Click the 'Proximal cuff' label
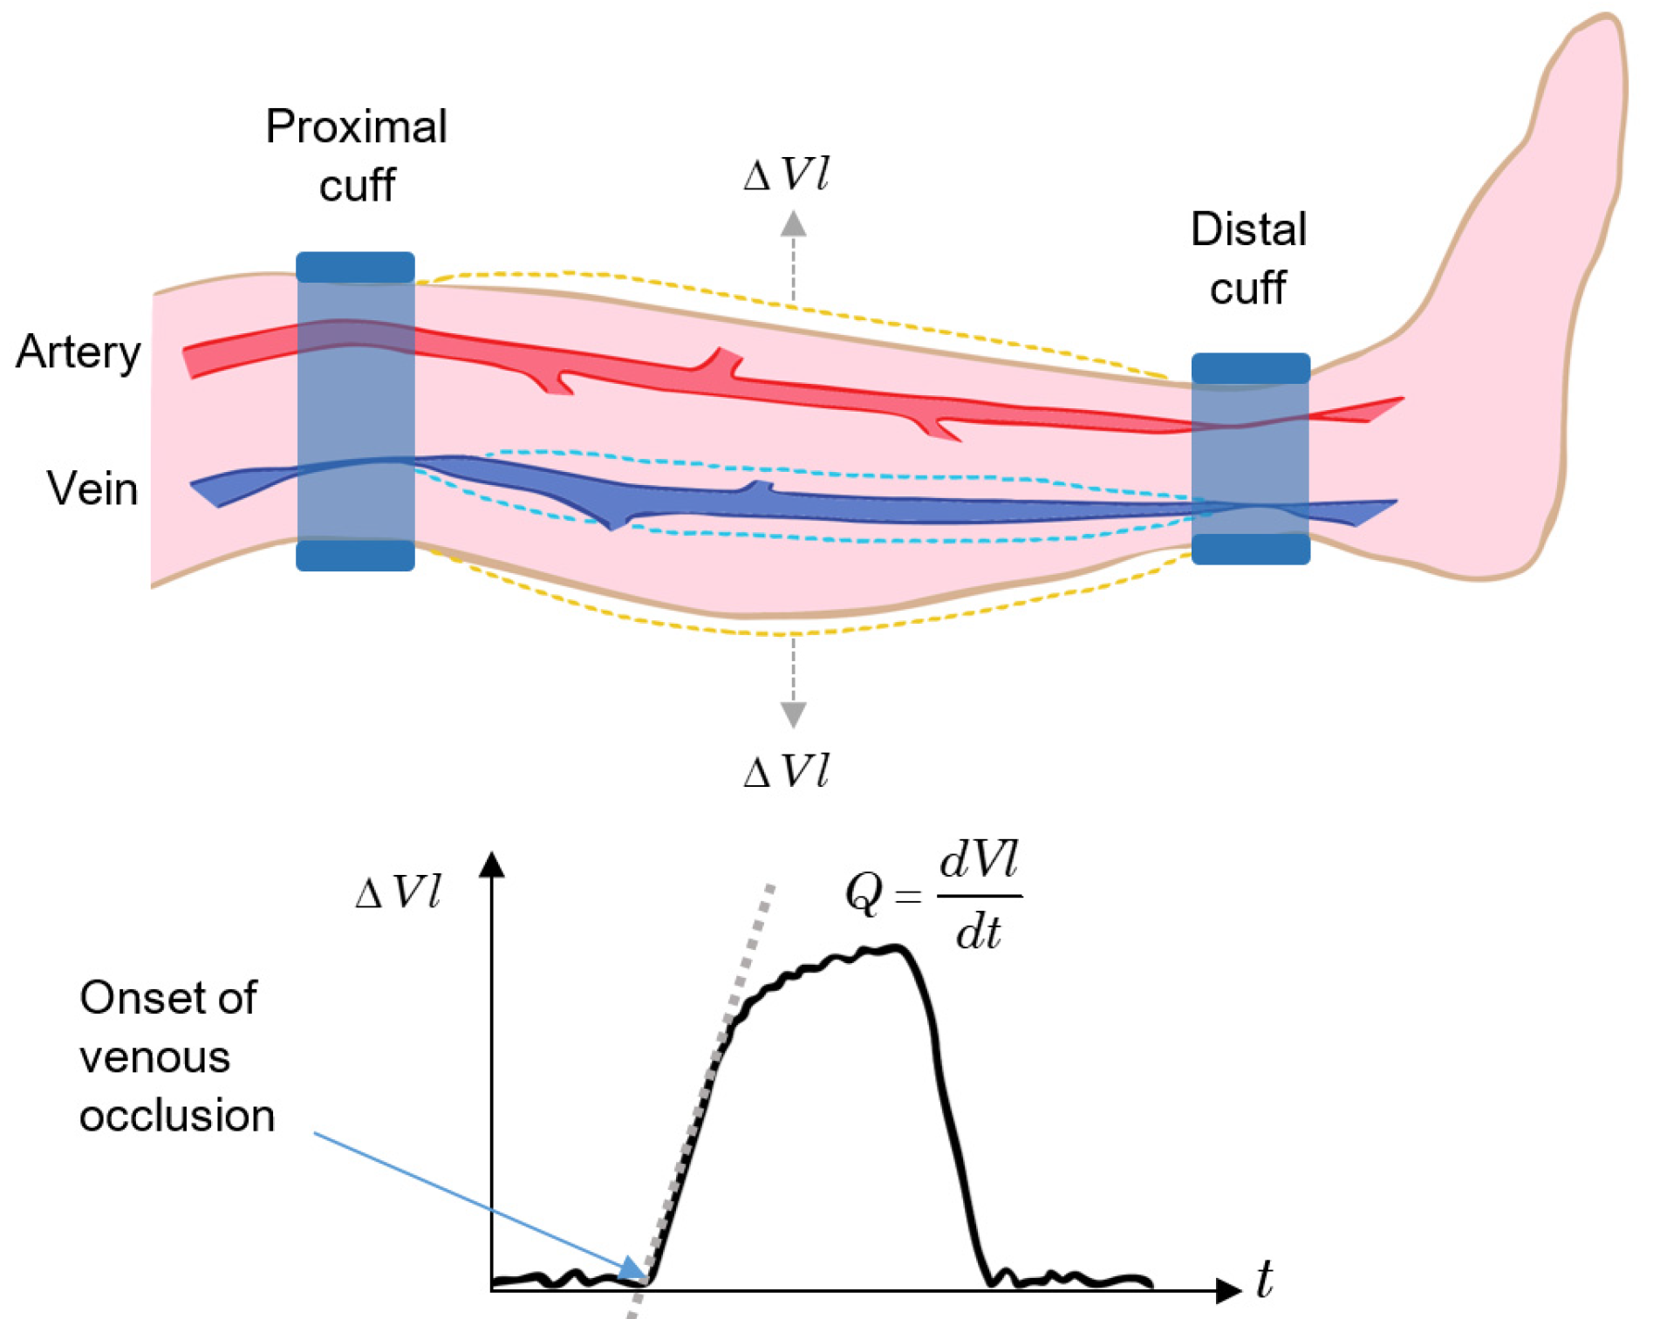[356, 155]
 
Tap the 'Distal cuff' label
[1248, 258]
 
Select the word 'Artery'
[78, 352]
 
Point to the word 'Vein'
[92, 489]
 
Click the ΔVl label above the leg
[785, 174]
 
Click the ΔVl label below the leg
[785, 772]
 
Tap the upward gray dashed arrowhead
[793, 224]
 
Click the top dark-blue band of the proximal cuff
[355, 267]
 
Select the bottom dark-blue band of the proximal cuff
[355, 556]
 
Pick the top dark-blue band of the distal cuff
[1251, 368]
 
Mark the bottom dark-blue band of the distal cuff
[1251, 550]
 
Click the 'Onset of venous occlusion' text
[174, 1056]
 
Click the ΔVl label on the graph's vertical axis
[398, 892]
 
